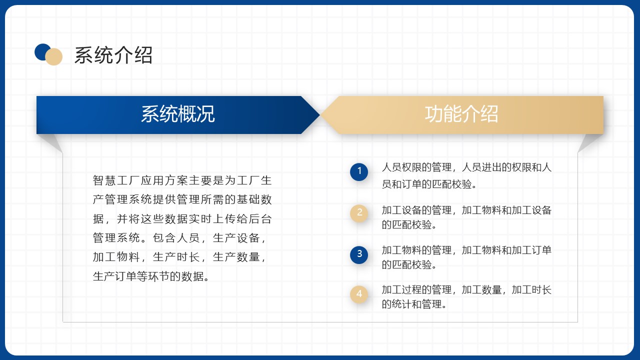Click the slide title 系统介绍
click(x=113, y=55)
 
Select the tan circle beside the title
click(x=53, y=56)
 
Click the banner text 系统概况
click(x=177, y=114)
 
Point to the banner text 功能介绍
click(x=461, y=114)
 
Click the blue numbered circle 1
click(x=359, y=171)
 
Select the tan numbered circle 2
click(x=359, y=213)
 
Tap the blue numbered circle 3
click(x=359, y=254)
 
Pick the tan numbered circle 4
click(x=359, y=294)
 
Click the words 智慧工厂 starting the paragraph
click(x=116, y=180)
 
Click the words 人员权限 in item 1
click(x=401, y=167)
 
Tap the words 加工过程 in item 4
click(x=401, y=290)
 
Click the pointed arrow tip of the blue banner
click(x=319, y=115)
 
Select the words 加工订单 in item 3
click(x=531, y=250)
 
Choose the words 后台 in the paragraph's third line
click(x=260, y=219)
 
